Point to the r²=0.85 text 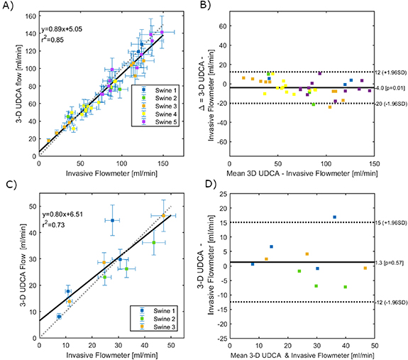[55, 40]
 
